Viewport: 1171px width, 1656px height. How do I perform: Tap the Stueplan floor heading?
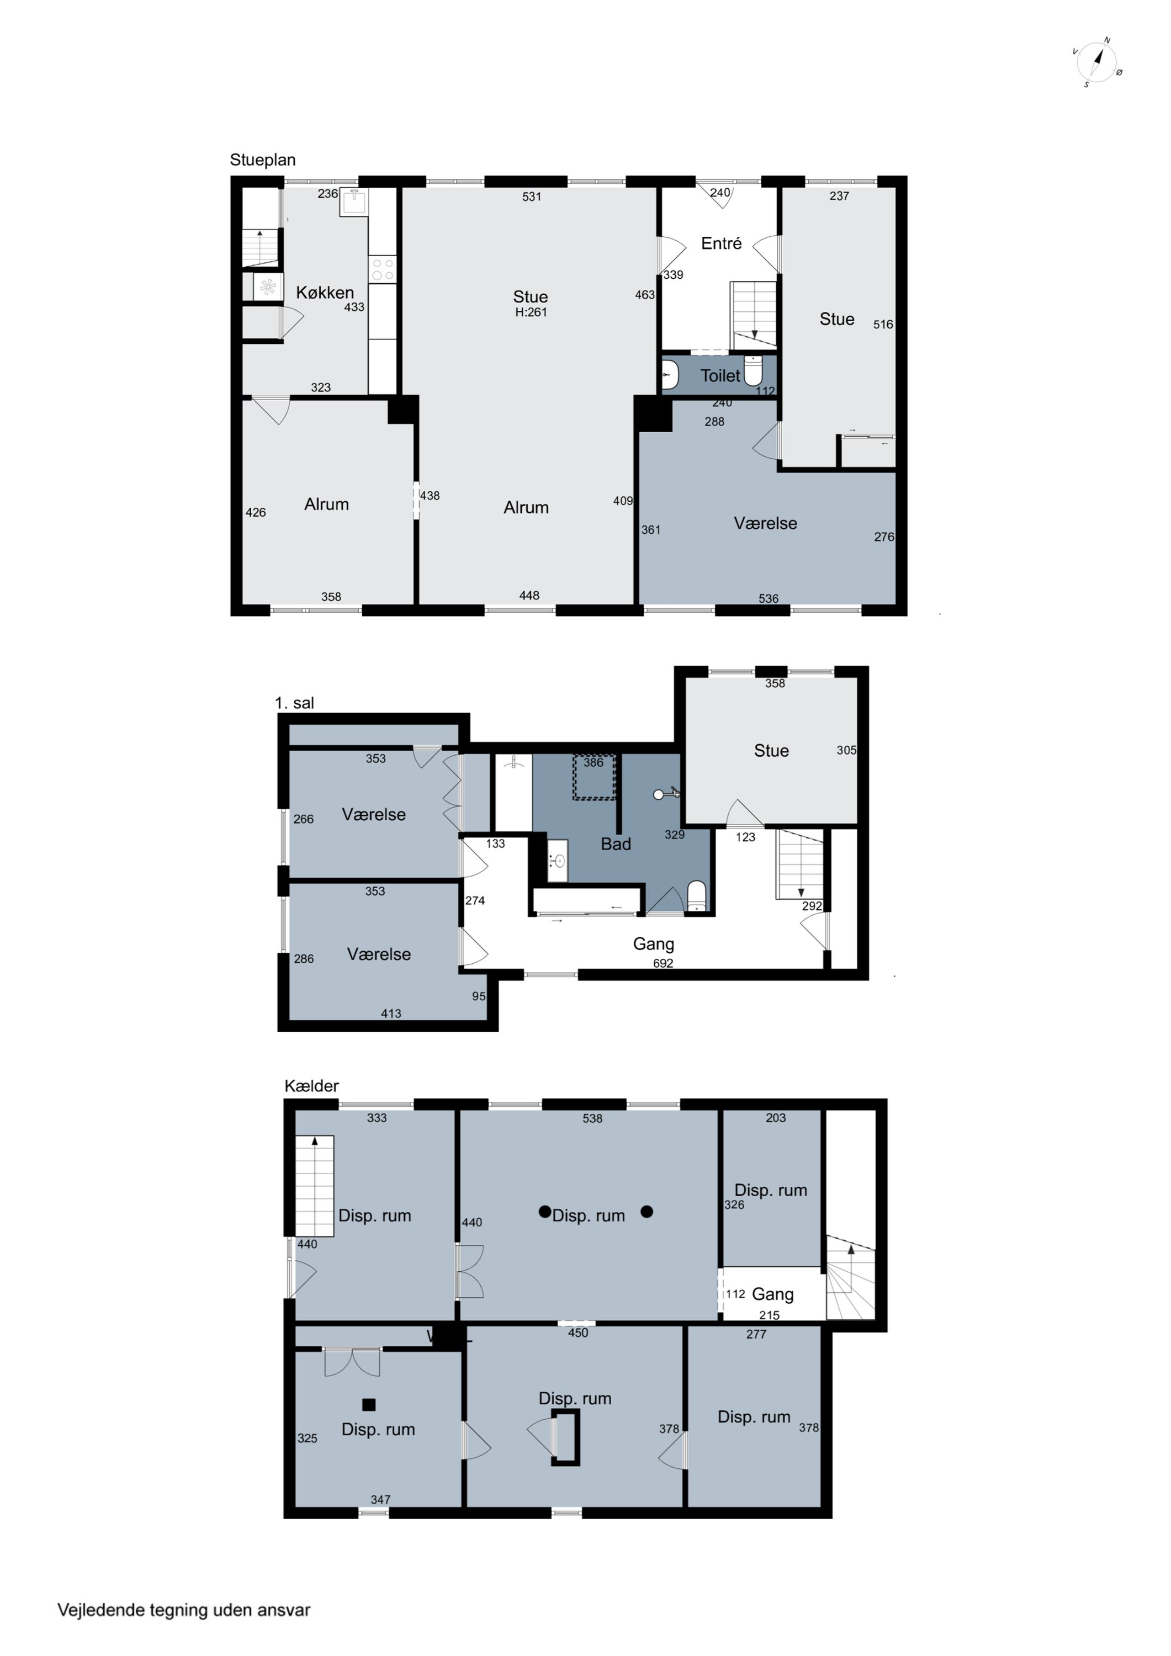263,160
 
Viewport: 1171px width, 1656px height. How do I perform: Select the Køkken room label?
325,292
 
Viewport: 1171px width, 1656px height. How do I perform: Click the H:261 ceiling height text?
531,312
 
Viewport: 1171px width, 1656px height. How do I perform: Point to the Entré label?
722,243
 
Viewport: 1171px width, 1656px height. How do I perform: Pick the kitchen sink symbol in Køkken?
354,202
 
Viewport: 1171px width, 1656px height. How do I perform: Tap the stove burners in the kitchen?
383,270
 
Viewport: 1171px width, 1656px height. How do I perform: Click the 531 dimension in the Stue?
532,196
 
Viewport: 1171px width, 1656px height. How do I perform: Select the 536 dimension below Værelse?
769,598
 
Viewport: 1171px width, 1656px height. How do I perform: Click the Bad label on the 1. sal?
616,844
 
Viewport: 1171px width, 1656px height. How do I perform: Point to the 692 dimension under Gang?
663,963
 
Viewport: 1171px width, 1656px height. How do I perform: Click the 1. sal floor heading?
294,703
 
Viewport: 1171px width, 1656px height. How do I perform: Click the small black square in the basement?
369,1404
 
